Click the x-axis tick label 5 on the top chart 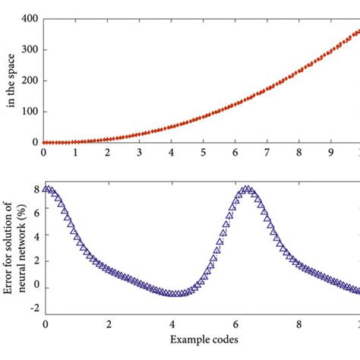pos(203,153)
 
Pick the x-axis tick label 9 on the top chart pos(330,153)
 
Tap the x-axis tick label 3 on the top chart pos(139,153)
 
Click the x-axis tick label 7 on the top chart pos(267,153)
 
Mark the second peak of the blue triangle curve pos(247,189)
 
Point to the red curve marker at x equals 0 pos(44,142)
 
